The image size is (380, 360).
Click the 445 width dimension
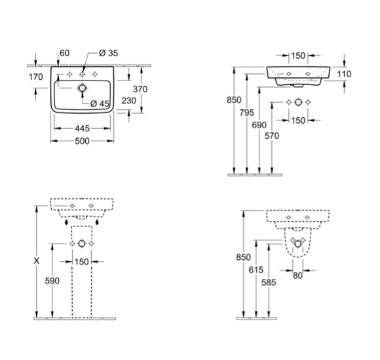pos(82,128)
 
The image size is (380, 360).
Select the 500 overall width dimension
pos(82,141)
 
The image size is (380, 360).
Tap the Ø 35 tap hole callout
pos(108,53)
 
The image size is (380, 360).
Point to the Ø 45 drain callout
pos(100,104)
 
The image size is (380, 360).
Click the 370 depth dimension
pos(140,89)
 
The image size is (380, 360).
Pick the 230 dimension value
pos(129,101)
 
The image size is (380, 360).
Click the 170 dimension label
pos(36,77)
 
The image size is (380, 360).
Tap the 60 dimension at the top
pos(64,53)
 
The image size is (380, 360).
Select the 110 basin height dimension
pos(344,74)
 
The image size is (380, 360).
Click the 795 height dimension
pos(247,113)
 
